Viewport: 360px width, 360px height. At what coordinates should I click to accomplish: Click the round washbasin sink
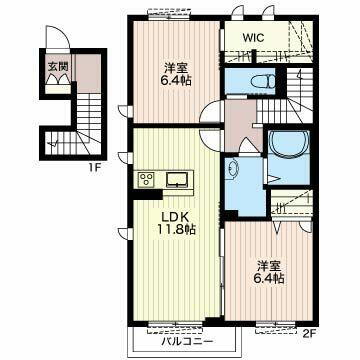(234, 170)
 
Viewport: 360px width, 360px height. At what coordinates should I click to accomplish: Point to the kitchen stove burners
(147, 180)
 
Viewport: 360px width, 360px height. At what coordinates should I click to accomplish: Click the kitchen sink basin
(176, 180)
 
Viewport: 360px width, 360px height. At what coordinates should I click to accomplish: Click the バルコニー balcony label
(182, 342)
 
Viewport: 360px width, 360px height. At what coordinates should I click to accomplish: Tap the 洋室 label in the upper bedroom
(174, 68)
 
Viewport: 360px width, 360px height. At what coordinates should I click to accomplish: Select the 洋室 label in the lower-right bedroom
(268, 265)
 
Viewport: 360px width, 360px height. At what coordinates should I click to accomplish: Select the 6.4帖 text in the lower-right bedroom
(268, 279)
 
